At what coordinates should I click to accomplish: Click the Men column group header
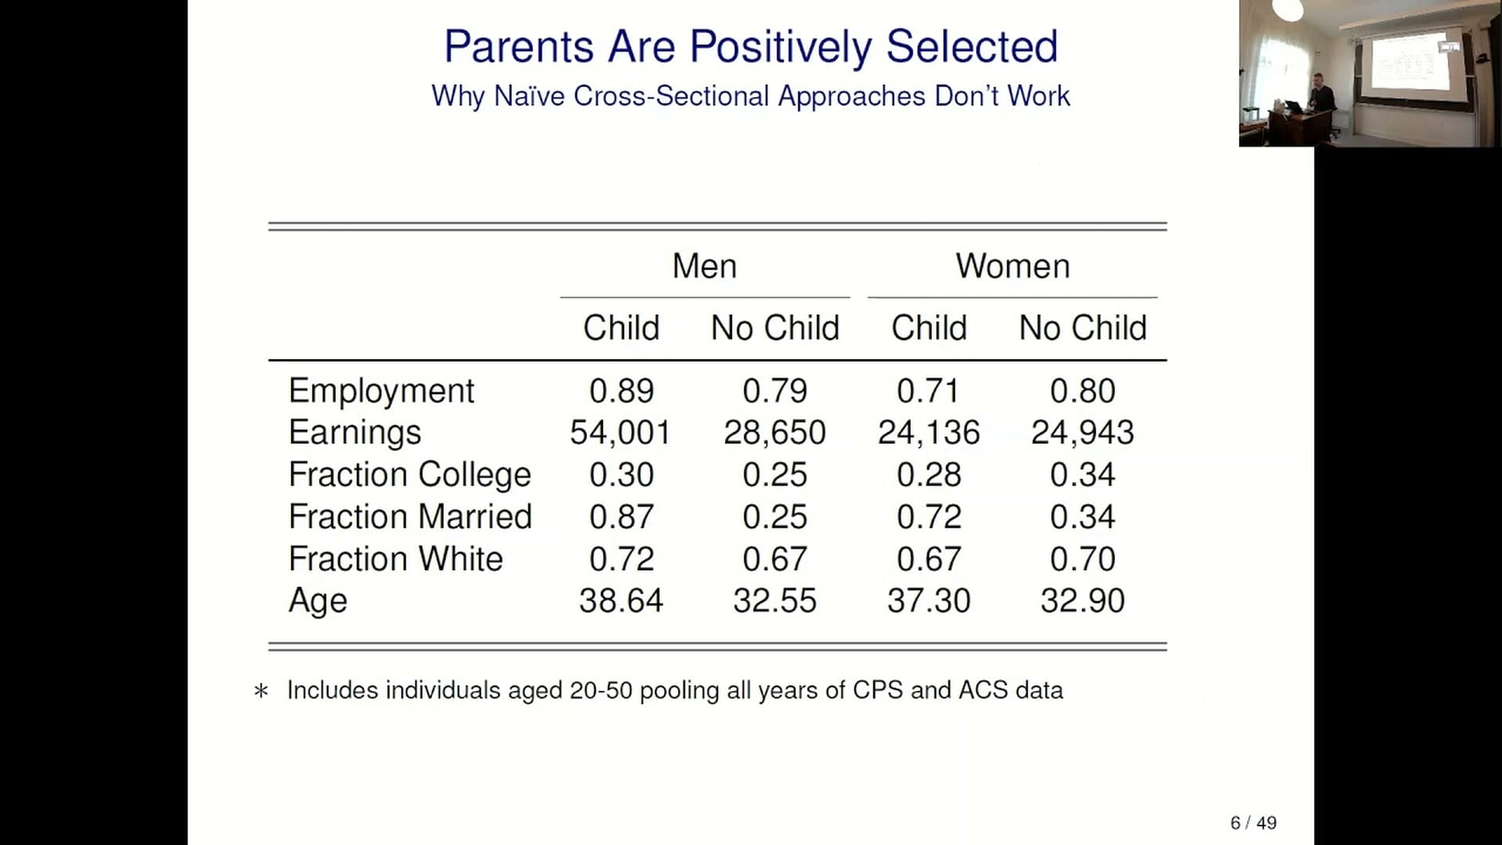pos(704,266)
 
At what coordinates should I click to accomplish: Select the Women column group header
pos(1012,266)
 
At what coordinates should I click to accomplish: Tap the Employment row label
pos(381,391)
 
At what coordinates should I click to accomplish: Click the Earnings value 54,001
pos(620,433)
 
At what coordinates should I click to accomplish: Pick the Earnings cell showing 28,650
pos(774,433)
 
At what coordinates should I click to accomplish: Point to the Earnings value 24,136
pos(929,433)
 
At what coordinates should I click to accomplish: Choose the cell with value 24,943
pos(1083,433)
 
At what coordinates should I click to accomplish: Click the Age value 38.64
pos(621,601)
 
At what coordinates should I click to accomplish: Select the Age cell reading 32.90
pos(1083,601)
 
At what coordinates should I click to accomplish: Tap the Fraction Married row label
pos(410,516)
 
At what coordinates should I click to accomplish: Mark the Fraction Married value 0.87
pos(621,516)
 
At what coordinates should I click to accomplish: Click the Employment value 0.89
pos(621,390)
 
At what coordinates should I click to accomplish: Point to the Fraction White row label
pos(395,559)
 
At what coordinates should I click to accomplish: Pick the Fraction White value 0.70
pos(1083,559)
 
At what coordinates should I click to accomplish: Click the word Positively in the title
pos(781,47)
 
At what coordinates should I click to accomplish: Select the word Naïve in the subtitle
pos(530,95)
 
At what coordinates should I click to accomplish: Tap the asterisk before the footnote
pos(261,691)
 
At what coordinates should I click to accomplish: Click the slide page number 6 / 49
pos(1253,822)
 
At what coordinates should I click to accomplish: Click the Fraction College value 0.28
pos(929,474)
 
